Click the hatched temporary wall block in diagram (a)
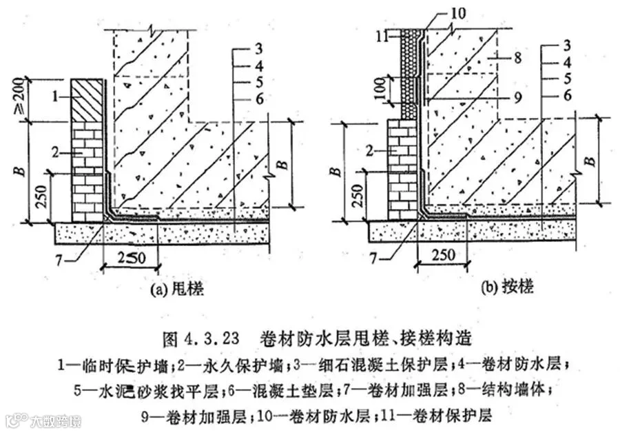coord(88,101)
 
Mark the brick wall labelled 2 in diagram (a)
coord(87,172)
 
